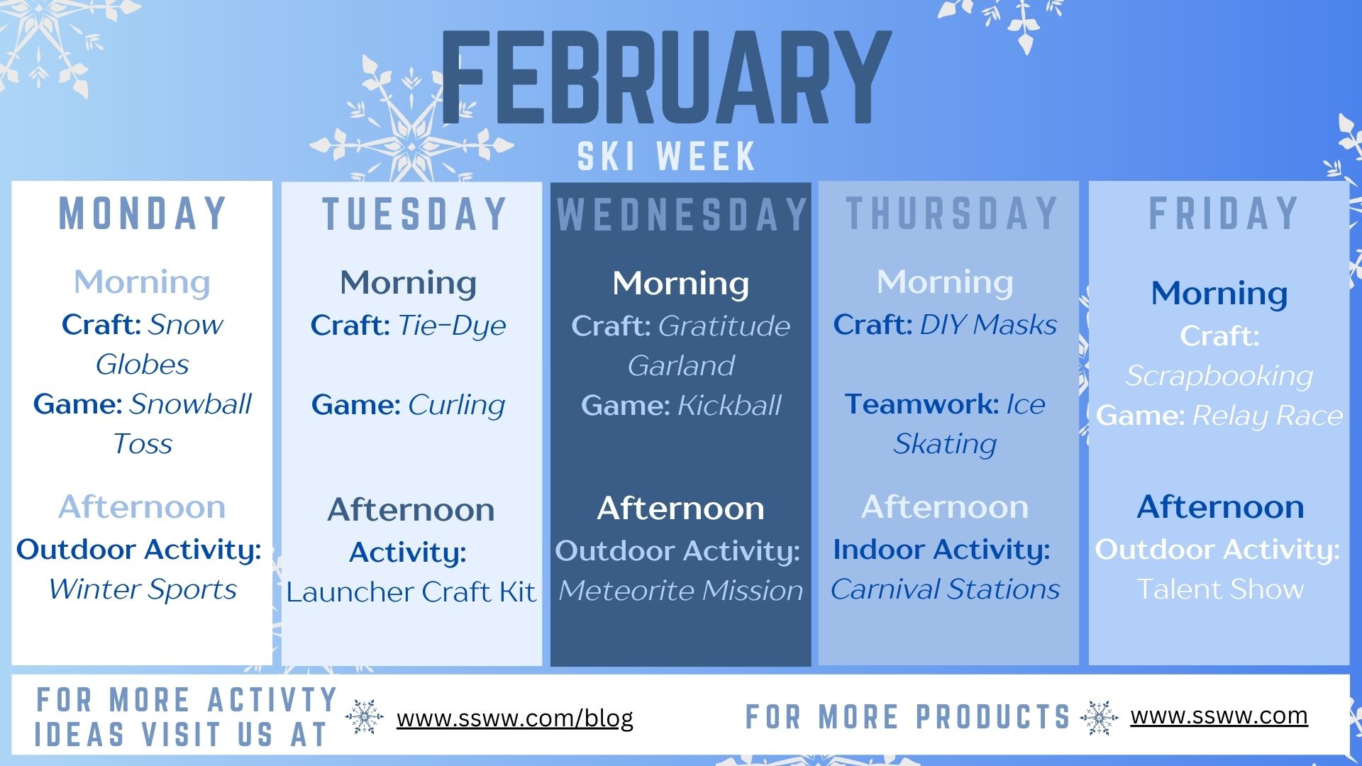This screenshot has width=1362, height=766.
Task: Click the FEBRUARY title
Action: click(665, 78)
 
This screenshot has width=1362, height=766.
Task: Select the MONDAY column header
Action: click(142, 213)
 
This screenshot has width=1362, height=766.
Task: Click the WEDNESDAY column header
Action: click(681, 214)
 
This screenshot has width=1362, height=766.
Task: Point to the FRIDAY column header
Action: click(1223, 213)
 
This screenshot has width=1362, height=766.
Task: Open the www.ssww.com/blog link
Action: click(514, 718)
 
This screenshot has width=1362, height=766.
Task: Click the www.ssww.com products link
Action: click(1219, 716)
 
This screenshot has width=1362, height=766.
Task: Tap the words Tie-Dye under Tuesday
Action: click(452, 325)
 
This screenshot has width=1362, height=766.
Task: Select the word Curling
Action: click(456, 405)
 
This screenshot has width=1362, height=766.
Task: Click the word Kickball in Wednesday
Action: click(729, 406)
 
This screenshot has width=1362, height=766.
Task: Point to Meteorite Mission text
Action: click(680, 590)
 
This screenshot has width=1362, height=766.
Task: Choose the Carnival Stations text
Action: click(945, 589)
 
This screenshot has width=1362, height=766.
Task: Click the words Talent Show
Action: click(1220, 589)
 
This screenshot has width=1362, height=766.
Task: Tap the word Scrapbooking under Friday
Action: click(1219, 376)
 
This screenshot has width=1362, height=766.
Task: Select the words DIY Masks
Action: click(987, 325)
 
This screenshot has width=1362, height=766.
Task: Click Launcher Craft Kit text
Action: click(411, 592)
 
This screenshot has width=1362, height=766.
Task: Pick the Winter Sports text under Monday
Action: click(142, 589)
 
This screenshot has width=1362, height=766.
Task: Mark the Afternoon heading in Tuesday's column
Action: click(411, 509)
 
